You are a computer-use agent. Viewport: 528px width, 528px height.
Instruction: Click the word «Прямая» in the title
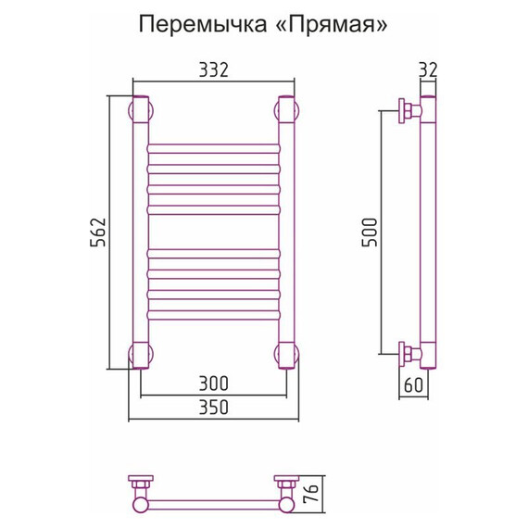[326, 24]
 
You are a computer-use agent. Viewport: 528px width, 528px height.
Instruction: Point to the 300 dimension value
[212, 383]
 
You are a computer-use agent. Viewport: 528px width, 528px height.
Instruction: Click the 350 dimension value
[212, 407]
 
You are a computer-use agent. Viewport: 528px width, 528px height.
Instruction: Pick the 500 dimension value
[370, 232]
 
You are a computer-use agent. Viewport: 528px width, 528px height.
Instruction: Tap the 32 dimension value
[427, 69]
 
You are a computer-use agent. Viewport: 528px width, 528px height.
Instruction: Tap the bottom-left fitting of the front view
[142, 355]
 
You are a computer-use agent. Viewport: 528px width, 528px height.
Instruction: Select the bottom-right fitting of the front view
[285, 355]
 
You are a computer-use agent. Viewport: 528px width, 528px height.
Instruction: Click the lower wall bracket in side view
[409, 354]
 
